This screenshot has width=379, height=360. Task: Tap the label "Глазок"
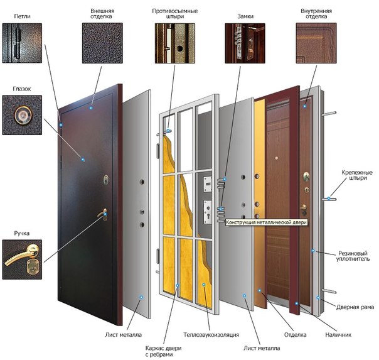(22, 89)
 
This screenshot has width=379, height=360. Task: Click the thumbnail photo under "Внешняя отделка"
(102, 43)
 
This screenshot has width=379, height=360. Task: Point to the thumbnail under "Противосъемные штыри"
(173, 43)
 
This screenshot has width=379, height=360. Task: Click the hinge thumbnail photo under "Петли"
(22, 43)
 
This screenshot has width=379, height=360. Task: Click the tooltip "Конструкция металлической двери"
(267, 222)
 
